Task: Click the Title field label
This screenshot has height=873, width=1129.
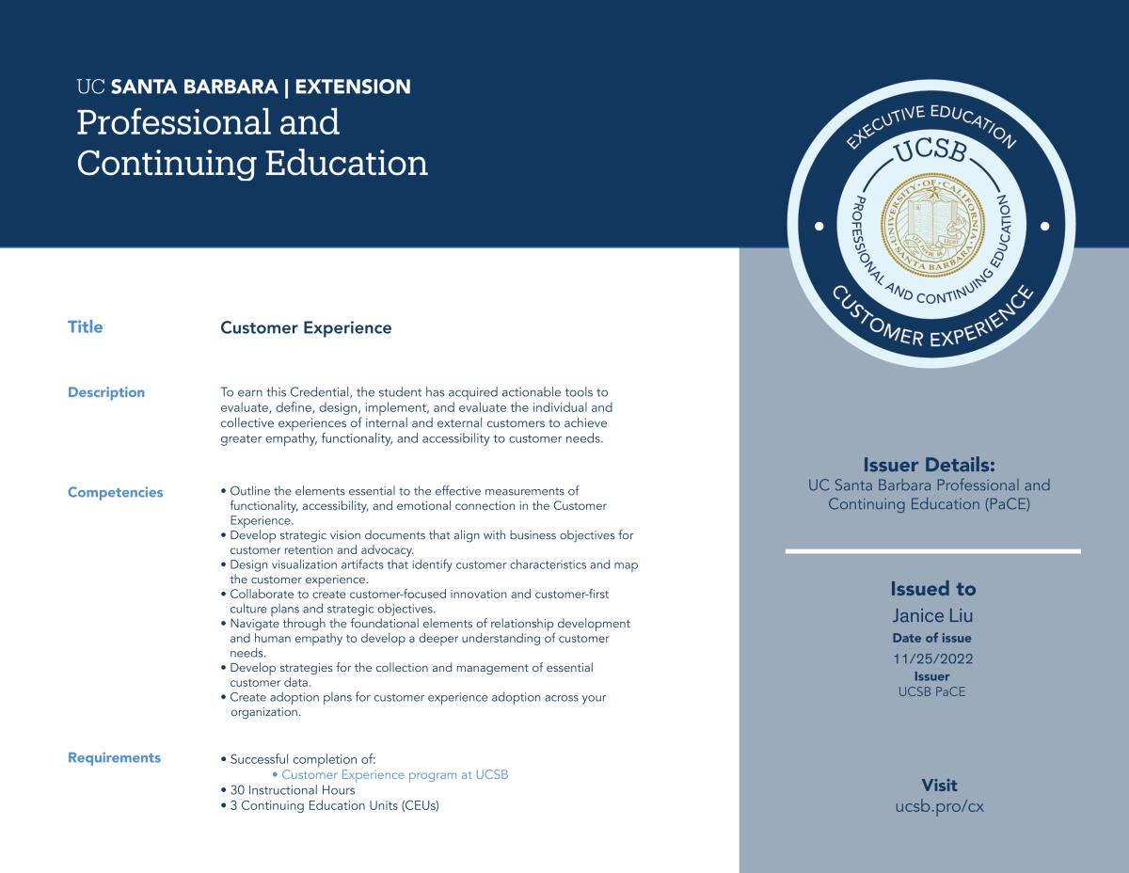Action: click(x=85, y=327)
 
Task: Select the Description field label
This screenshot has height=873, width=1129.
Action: click(x=106, y=392)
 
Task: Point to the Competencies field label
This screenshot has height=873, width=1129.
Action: click(x=115, y=492)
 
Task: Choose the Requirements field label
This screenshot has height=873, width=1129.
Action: click(x=114, y=757)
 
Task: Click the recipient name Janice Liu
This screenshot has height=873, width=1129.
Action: click(x=932, y=616)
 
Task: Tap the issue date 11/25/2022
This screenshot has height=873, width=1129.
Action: click(x=932, y=659)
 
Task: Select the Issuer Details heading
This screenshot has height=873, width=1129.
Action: click(x=929, y=465)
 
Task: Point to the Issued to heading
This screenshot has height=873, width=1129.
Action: click(x=932, y=589)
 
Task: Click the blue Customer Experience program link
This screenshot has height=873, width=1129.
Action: click(x=395, y=774)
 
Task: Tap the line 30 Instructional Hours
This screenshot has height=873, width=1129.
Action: click(x=293, y=790)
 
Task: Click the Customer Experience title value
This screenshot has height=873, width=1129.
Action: click(x=306, y=327)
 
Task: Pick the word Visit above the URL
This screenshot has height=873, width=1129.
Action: click(x=939, y=786)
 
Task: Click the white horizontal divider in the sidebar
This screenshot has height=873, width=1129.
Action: click(x=932, y=551)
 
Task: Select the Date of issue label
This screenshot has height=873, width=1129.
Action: click(x=932, y=638)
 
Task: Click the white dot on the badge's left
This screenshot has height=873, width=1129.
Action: click(x=819, y=227)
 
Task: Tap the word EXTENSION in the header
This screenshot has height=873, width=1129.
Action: click(x=353, y=87)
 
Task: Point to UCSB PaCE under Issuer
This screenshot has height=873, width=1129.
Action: click(x=932, y=691)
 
